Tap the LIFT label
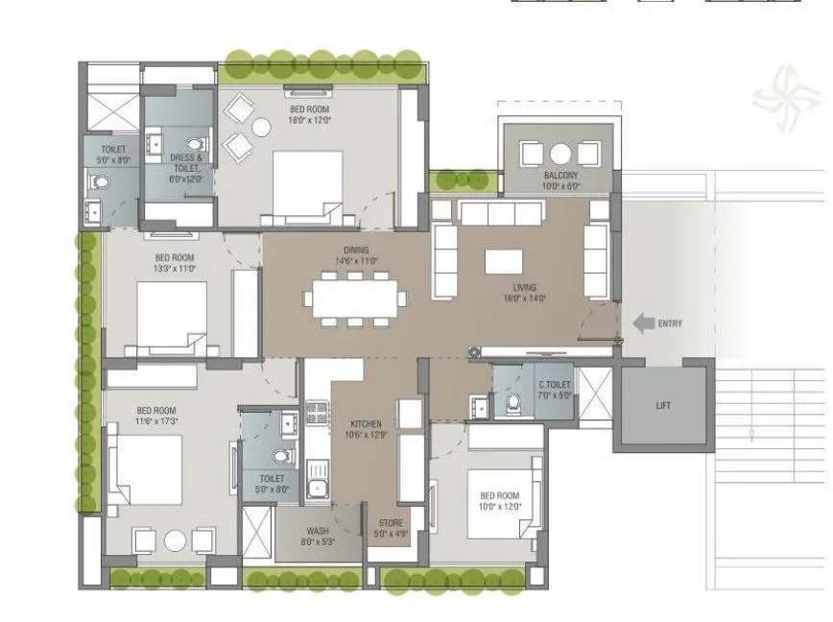[x=663, y=405]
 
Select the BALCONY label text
[x=560, y=176]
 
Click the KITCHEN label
[x=366, y=423]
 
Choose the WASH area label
[x=318, y=530]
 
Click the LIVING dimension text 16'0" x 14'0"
[x=524, y=299]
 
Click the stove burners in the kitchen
[x=316, y=415]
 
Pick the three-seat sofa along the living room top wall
[x=499, y=212]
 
